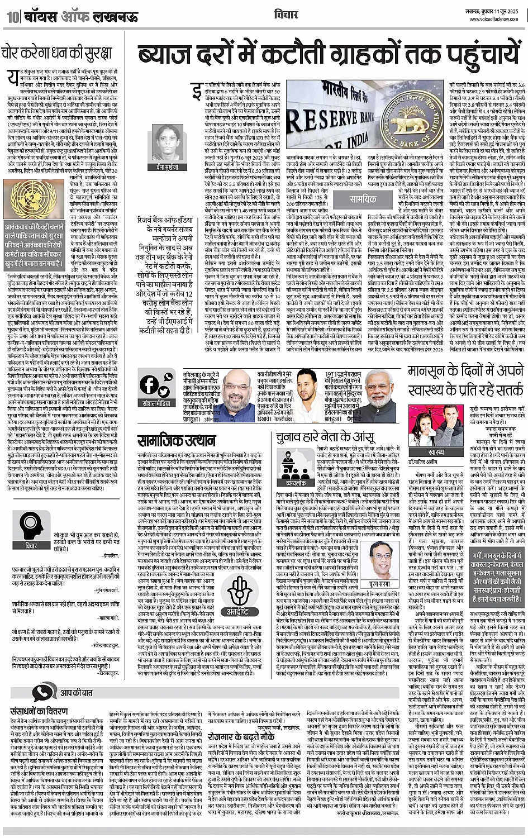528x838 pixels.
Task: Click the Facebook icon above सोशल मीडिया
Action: click(x=150, y=385)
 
